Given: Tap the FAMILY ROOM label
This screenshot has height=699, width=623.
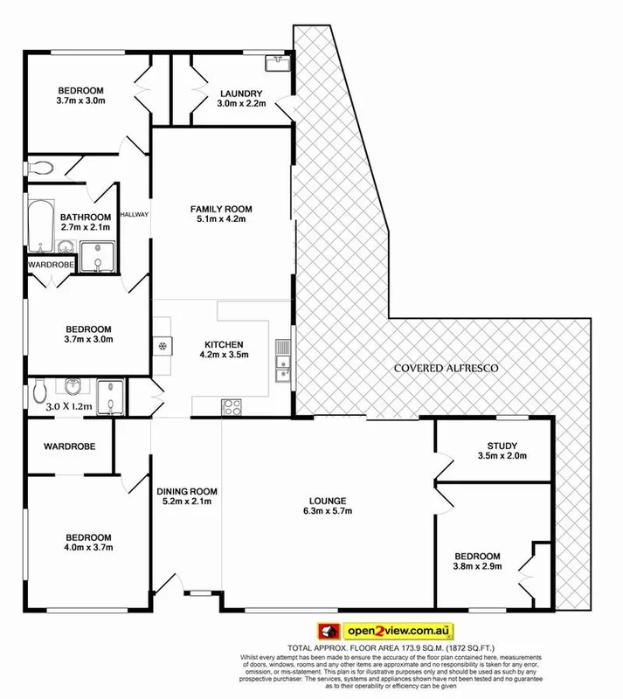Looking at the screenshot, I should coord(222,209).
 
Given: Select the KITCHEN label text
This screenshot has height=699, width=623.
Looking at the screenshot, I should coord(224,344).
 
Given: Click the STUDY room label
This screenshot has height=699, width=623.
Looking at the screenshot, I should coord(502,443).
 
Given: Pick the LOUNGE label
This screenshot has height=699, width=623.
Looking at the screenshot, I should coord(328,501).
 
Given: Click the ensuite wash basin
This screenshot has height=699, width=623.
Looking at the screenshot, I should coord(73,386).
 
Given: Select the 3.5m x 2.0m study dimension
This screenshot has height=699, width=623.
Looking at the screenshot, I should coord(502,455).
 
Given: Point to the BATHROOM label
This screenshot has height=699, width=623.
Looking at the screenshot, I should coord(85,217).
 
